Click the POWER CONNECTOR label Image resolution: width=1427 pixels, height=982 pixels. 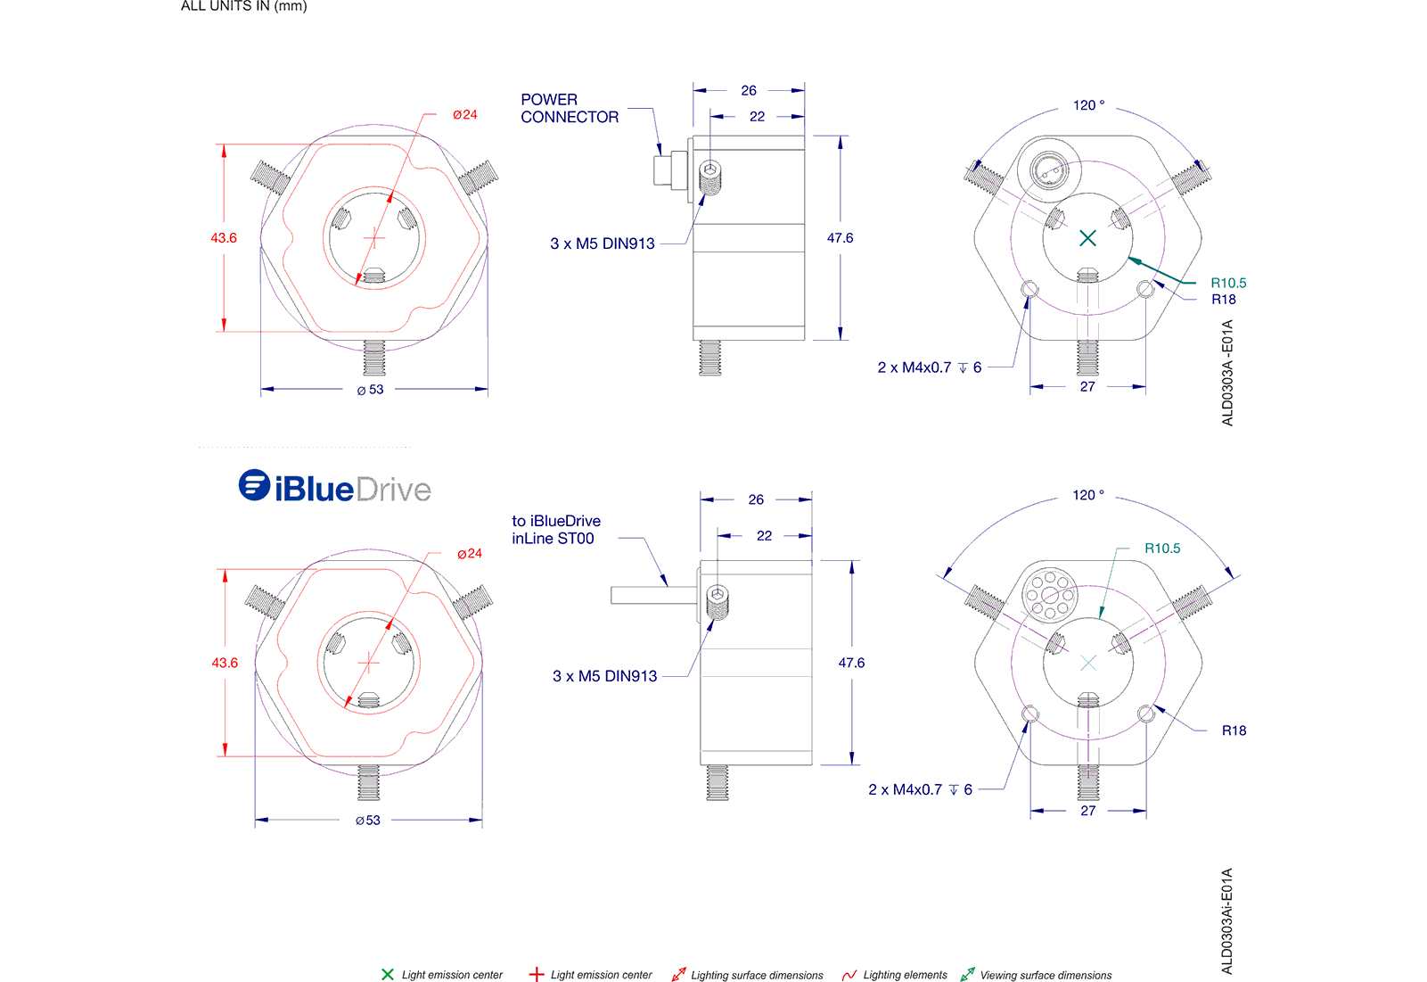click(569, 108)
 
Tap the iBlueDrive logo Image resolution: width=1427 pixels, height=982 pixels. click(335, 488)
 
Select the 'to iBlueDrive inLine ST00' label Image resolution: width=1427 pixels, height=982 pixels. click(555, 530)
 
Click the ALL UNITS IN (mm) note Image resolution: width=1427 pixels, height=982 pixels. click(243, 6)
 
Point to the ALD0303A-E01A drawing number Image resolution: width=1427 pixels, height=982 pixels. click(1227, 373)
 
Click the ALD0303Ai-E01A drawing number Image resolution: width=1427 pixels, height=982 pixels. click(1227, 920)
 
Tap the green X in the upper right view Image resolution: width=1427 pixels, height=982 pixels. click(1087, 238)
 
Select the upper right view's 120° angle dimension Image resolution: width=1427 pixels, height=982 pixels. click(1088, 105)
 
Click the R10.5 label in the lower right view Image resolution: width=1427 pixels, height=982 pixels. click(1161, 549)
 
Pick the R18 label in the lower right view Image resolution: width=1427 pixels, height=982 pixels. click(1234, 730)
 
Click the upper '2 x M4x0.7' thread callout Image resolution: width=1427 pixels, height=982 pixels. click(929, 367)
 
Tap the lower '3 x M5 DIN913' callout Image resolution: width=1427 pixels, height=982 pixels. click(604, 676)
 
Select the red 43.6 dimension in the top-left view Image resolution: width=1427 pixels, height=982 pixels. click(224, 238)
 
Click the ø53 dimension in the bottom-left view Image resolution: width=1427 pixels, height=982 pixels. click(368, 821)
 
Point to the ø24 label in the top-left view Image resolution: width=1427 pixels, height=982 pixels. click(464, 115)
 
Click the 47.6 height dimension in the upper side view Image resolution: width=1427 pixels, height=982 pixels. click(840, 238)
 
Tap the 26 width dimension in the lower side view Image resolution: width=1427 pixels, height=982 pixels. click(756, 499)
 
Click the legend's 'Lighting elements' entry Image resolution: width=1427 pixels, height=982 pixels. click(895, 975)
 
